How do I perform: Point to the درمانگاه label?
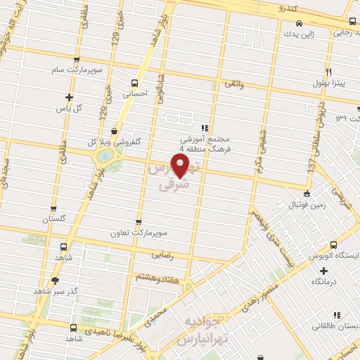[323, 281]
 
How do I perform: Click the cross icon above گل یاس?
[68, 98]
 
